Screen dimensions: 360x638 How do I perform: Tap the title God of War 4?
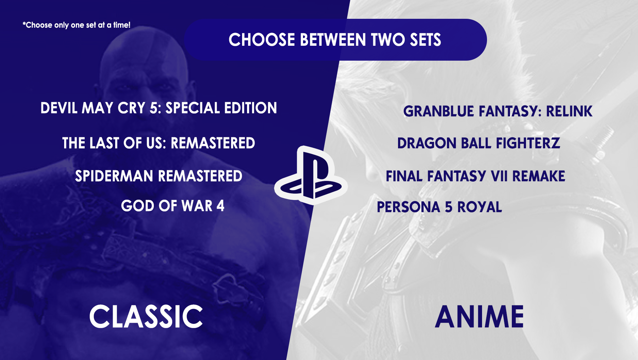[x=172, y=206]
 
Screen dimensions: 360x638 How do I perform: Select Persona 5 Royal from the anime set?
[x=439, y=207]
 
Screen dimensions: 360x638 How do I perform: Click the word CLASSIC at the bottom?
[x=146, y=316]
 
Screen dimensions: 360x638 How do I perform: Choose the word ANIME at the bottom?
[x=479, y=317]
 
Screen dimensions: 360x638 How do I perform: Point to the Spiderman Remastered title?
[x=158, y=176]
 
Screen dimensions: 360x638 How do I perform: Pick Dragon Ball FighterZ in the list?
[x=478, y=143]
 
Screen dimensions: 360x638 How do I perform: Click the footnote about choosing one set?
[x=77, y=25]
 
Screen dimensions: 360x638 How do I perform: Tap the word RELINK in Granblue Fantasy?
[x=569, y=111]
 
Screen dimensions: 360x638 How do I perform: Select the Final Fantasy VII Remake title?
[x=475, y=176]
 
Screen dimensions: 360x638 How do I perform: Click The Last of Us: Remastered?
[x=158, y=143]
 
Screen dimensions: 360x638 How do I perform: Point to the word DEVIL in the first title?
[x=58, y=108]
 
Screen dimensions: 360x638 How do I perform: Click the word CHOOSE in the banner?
[x=262, y=40]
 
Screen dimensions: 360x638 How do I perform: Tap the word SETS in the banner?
[x=425, y=40]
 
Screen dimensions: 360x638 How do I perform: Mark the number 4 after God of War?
[x=220, y=206]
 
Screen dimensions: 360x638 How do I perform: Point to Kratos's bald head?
[x=142, y=53]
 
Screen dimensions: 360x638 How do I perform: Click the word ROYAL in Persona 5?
[x=479, y=207]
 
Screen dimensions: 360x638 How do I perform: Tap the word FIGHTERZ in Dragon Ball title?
[x=528, y=143]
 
